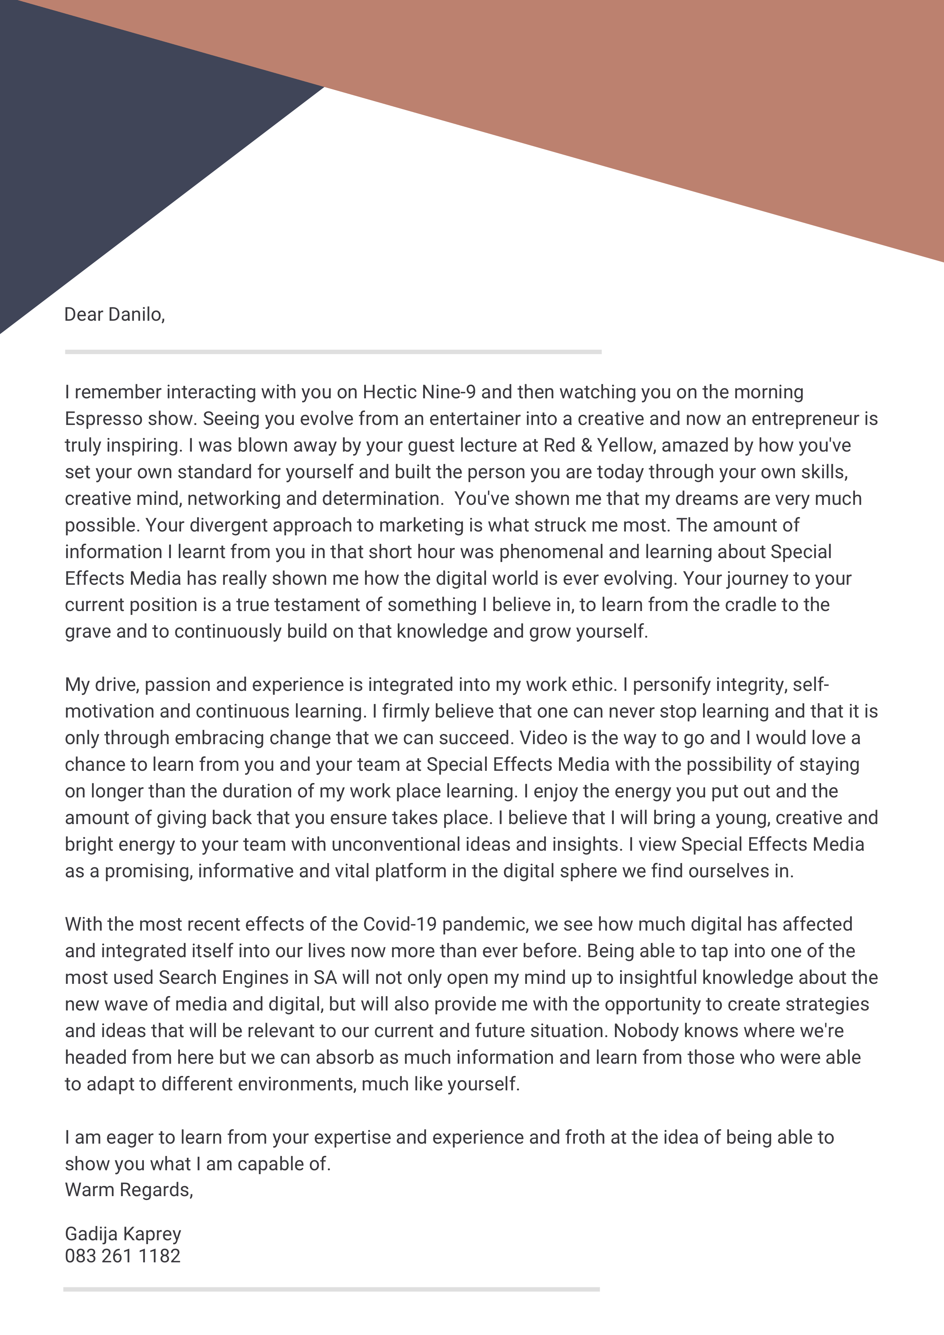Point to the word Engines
pos(256,977)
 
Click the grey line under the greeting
pos(333,352)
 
